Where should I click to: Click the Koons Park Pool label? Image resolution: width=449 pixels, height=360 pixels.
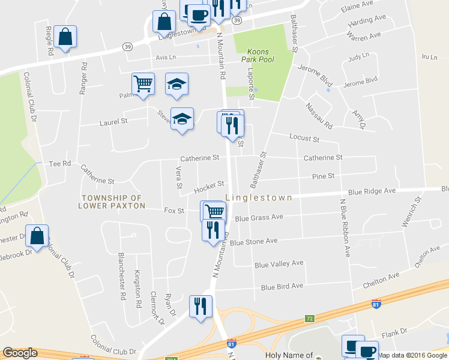[x=255, y=56]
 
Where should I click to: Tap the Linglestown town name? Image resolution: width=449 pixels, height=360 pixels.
[x=259, y=197]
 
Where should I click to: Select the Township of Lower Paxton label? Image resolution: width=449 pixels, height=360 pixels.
[x=112, y=202]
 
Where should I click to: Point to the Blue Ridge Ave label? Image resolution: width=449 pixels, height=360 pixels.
[x=372, y=191]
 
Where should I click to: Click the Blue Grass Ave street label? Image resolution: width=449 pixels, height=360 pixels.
[x=259, y=217]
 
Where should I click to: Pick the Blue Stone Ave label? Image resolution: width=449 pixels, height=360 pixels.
[x=253, y=241]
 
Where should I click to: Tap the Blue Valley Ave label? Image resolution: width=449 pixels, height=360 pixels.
[x=279, y=264]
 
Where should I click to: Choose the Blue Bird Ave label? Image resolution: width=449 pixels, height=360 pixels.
[x=282, y=287]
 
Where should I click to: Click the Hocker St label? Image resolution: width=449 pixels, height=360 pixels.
[x=209, y=187]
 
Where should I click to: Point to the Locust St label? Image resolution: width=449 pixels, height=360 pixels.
[x=304, y=139]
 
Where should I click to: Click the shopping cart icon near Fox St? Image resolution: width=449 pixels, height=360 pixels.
[x=214, y=211]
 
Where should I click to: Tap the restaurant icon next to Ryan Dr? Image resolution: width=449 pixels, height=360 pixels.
[x=200, y=305]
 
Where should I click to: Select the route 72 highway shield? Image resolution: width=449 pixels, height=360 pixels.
[x=309, y=318]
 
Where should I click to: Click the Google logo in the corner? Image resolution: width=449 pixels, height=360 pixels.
[x=20, y=353]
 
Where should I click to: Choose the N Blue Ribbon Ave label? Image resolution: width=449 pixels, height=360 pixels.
[x=345, y=228]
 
